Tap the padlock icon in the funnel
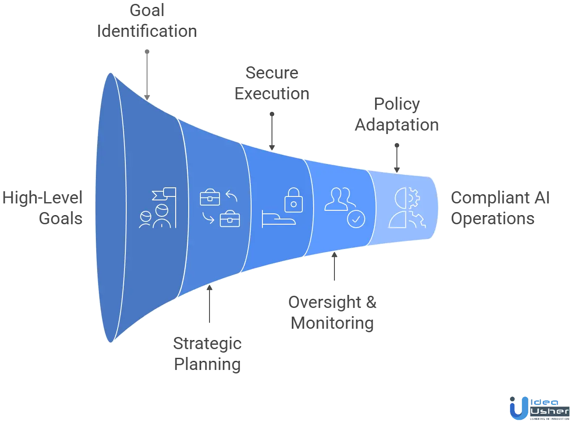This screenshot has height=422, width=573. [294, 200]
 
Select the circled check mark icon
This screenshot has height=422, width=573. [356, 219]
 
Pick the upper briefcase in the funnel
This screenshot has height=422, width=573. [210, 197]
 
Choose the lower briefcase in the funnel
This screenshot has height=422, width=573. [230, 219]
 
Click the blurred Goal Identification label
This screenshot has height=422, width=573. [147, 22]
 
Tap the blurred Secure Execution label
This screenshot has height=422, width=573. [271, 84]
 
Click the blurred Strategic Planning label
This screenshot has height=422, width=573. [208, 354]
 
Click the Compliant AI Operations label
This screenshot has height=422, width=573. [501, 209]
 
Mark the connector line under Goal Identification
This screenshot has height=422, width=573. [148, 74]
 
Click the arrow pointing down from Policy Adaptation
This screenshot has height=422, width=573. [397, 158]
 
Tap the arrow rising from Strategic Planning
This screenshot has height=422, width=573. [210, 306]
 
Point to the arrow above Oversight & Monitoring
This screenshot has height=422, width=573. [334, 267]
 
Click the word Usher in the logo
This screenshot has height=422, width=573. [550, 411]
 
